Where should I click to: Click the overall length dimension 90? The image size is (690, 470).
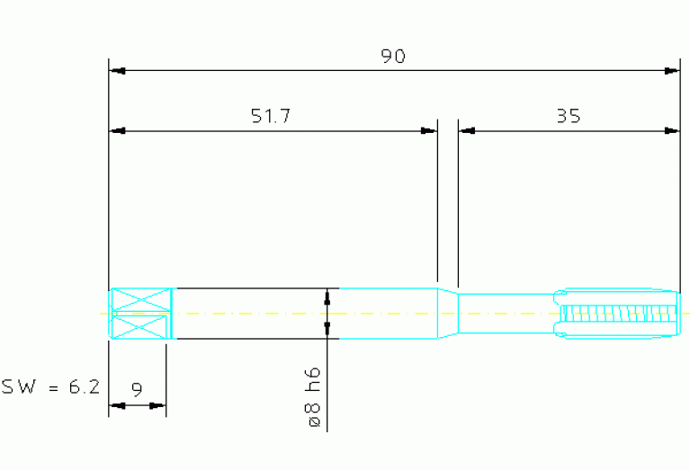pyautogui.click(x=393, y=57)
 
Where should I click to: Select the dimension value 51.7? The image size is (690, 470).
pyautogui.click(x=271, y=116)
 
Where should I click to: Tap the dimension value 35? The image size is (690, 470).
pyautogui.click(x=569, y=116)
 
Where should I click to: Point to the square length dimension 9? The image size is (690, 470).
pyautogui.click(x=138, y=389)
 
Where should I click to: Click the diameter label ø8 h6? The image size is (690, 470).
pyautogui.click(x=314, y=397)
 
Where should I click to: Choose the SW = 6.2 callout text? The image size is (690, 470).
pyautogui.click(x=50, y=387)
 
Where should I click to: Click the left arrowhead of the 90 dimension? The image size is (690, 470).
pyautogui.click(x=118, y=71)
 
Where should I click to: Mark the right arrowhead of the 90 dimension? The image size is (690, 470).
pyautogui.click(x=671, y=71)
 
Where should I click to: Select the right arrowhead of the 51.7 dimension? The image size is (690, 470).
pyautogui.click(x=428, y=131)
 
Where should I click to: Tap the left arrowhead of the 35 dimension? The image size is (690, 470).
pyautogui.click(x=467, y=131)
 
